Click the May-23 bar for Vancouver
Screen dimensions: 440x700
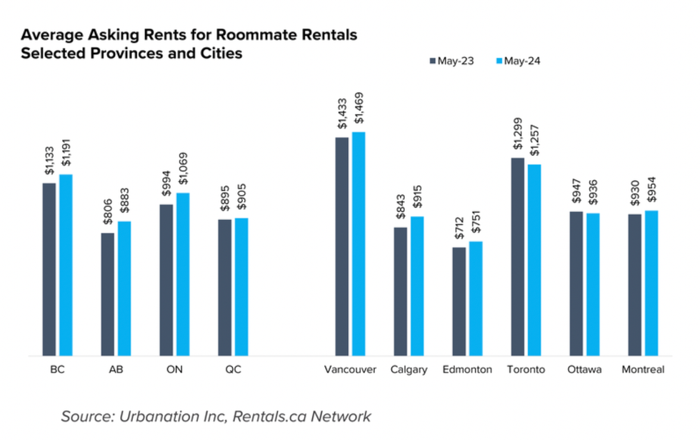click(x=342, y=246)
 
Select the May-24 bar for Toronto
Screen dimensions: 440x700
click(x=534, y=260)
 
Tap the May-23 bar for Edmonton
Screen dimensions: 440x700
click(x=459, y=301)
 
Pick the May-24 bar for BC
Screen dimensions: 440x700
click(x=66, y=265)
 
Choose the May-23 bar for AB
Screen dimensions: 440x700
click(x=108, y=294)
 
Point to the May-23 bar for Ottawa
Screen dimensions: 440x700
click(x=576, y=284)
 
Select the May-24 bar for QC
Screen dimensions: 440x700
click(x=241, y=286)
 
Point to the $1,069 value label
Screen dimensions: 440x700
click(x=182, y=169)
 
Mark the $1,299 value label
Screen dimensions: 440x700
click(x=517, y=134)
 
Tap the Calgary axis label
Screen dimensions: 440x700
click(x=409, y=370)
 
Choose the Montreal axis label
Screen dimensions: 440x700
click(x=643, y=370)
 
